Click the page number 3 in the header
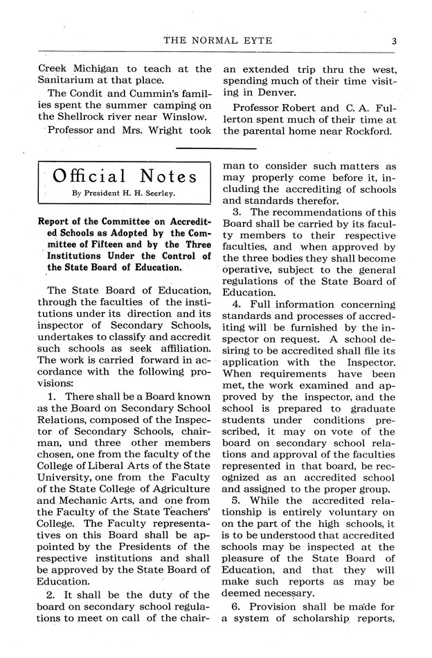tap(393, 41)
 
